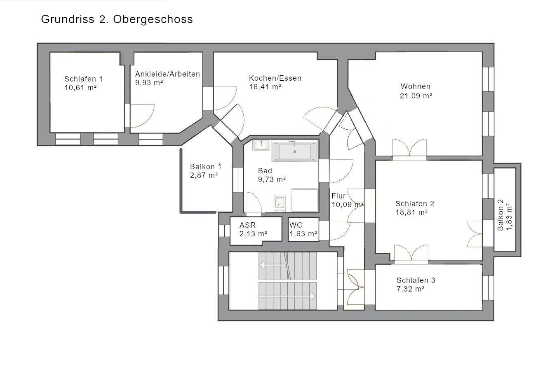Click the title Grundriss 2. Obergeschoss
click(x=117, y=19)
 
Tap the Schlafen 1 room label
click(x=83, y=79)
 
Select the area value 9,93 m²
click(x=149, y=82)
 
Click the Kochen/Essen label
click(x=275, y=78)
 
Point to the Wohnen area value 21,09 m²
click(x=416, y=96)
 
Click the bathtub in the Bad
click(x=294, y=152)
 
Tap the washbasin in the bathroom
click(x=261, y=145)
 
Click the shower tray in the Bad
click(x=304, y=200)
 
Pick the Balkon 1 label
click(x=206, y=167)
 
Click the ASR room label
click(x=247, y=225)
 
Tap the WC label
click(x=296, y=225)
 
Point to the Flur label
click(x=338, y=196)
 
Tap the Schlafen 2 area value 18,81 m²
click(x=411, y=212)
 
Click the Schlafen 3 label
click(x=416, y=280)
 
